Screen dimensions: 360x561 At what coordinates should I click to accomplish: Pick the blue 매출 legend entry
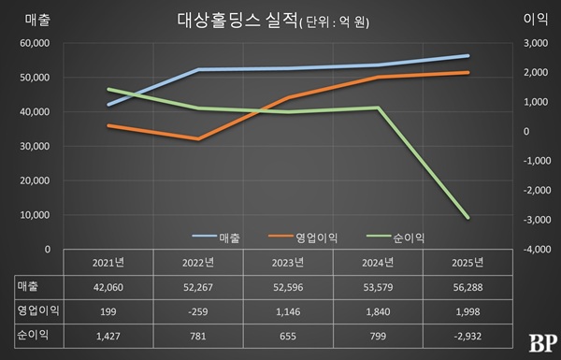pyautogui.click(x=216, y=237)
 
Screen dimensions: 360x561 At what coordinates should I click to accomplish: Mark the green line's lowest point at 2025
pyautogui.click(x=467, y=218)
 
